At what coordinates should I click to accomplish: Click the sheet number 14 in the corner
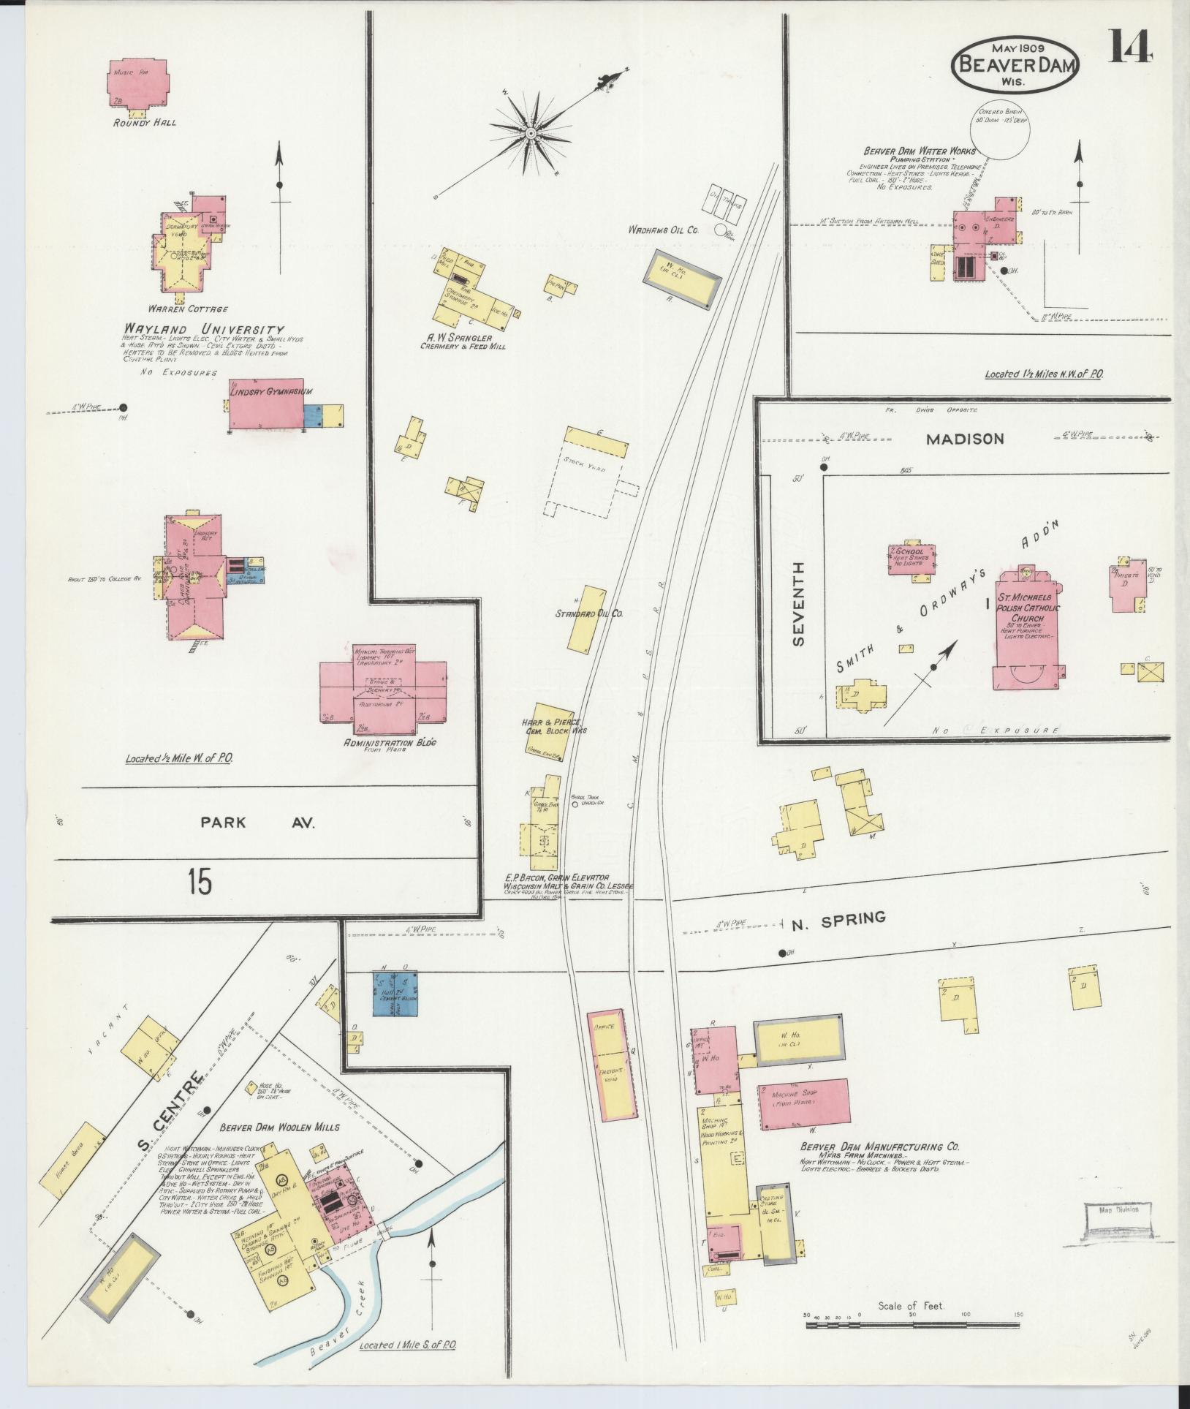pyautogui.click(x=1131, y=48)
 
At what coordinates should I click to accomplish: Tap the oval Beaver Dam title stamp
pyautogui.click(x=1015, y=64)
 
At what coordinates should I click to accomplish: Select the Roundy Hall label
pyautogui.click(x=144, y=122)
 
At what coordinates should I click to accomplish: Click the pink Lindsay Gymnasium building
pyautogui.click(x=266, y=407)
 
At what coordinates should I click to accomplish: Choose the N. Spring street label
pyautogui.click(x=838, y=919)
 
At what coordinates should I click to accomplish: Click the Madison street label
pyautogui.click(x=964, y=439)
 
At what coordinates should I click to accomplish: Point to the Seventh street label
pyautogui.click(x=797, y=604)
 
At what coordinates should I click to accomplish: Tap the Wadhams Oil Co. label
pyautogui.click(x=663, y=230)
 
